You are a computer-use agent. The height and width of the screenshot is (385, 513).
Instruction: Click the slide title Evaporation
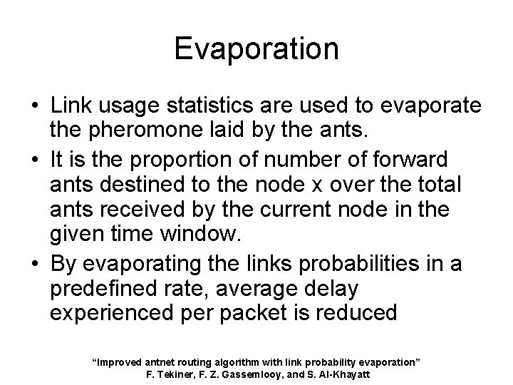[256, 48]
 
